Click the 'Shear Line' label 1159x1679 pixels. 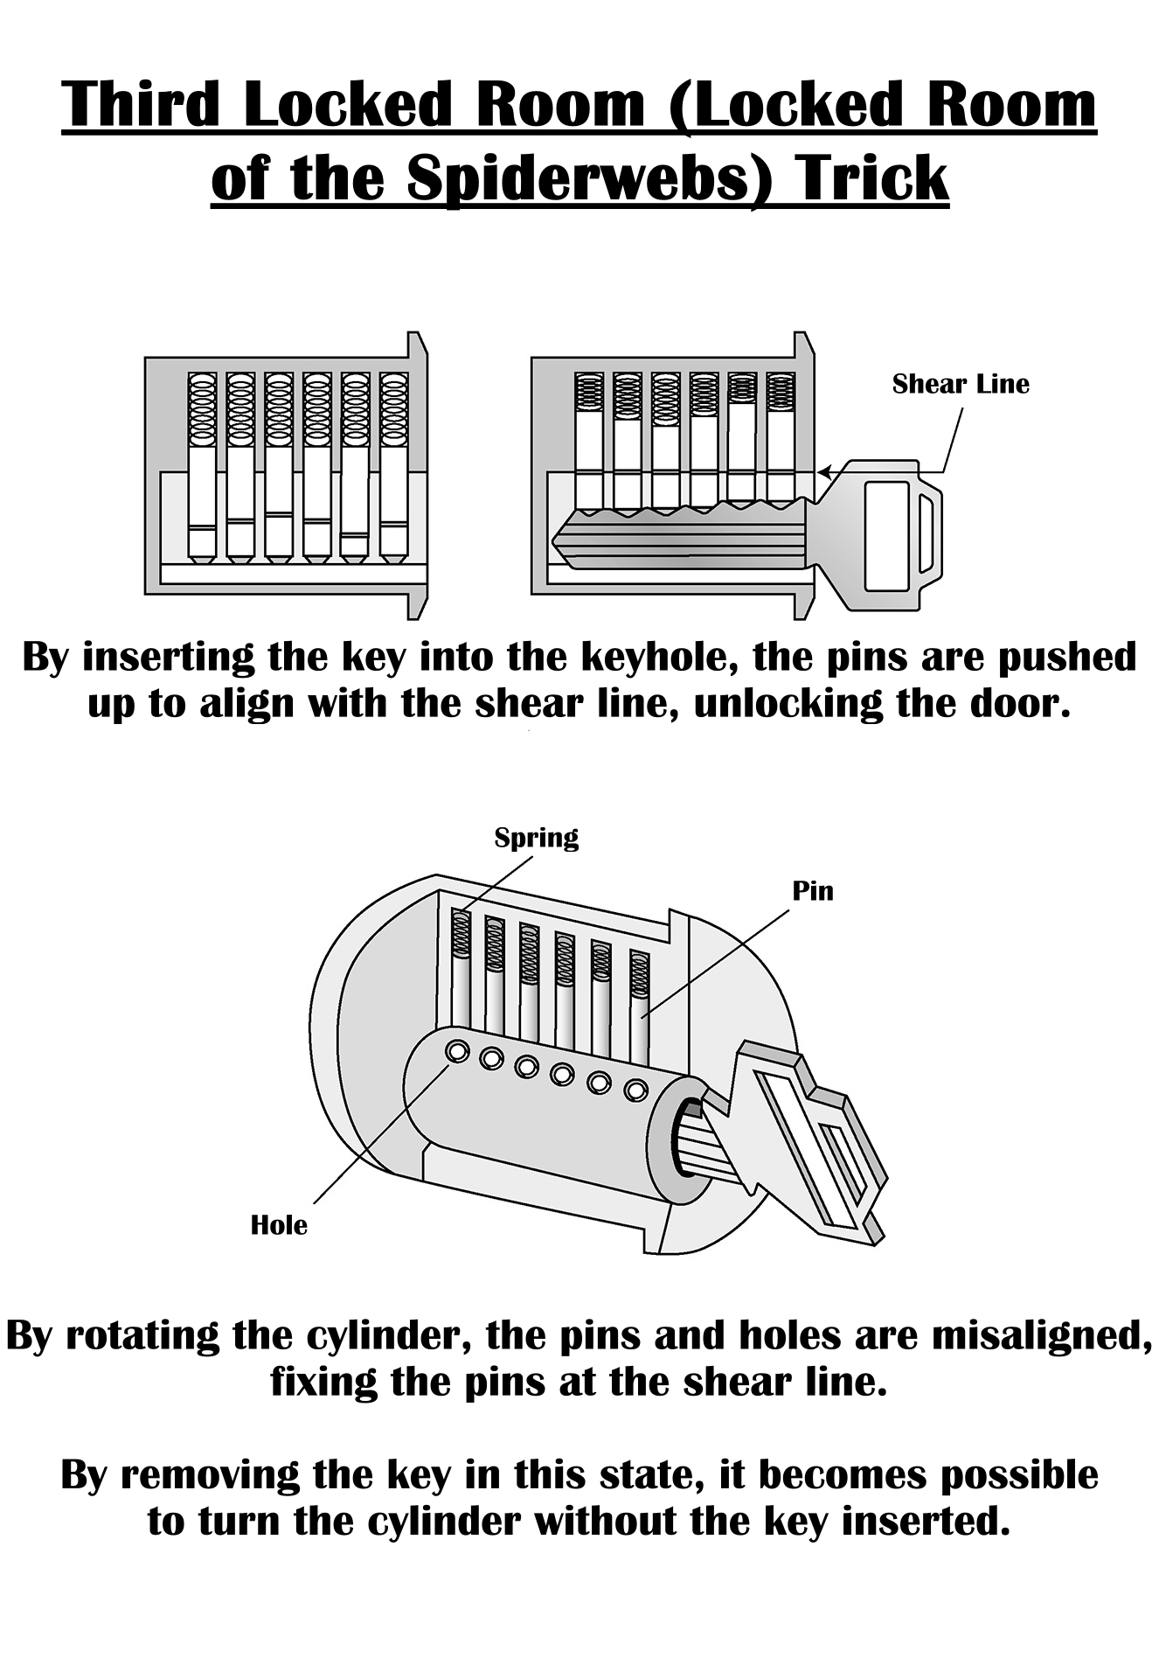[x=960, y=384]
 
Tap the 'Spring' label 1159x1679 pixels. [x=536, y=838]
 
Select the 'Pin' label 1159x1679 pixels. [x=812, y=891]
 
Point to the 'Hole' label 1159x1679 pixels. [x=279, y=1225]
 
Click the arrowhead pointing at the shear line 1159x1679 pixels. [x=823, y=473]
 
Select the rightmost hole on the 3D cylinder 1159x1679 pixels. [x=635, y=1090]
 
